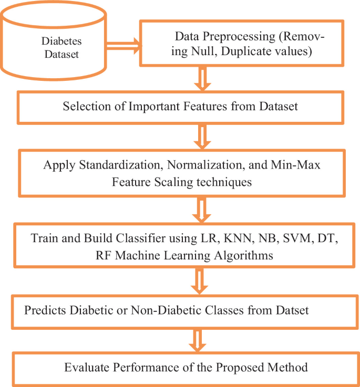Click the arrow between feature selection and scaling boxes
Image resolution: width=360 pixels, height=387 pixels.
point(201,138)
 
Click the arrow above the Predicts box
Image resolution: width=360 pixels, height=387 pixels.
point(201,284)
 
